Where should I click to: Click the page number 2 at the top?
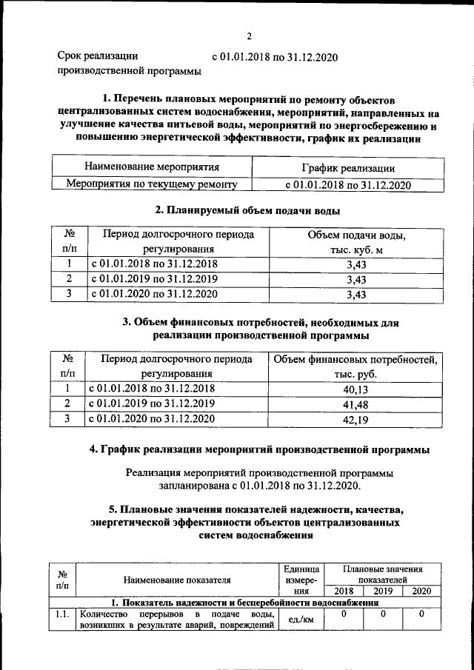(250, 36)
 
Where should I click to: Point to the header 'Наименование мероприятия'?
(152, 168)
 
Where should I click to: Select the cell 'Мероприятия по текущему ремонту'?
(152, 184)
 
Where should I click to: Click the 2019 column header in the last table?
(383, 591)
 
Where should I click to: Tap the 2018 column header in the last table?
(344, 591)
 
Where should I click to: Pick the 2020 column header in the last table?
(421, 591)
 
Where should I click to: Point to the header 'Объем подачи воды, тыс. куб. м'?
(355, 242)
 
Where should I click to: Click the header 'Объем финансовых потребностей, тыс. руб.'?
(355, 366)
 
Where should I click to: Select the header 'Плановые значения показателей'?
(383, 574)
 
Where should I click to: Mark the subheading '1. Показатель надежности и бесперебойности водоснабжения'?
(244, 603)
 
